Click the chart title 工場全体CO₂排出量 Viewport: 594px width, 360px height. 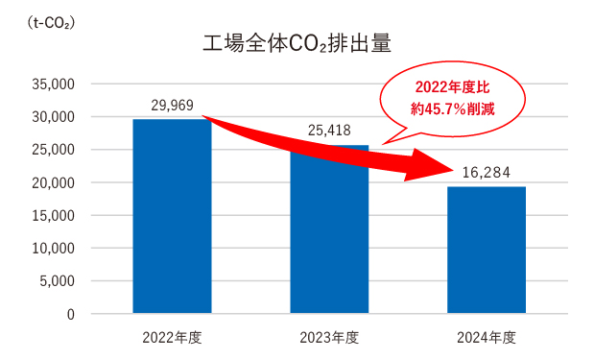[297, 43]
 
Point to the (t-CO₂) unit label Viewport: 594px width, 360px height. [51, 23]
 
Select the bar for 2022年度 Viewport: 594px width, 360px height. [172, 216]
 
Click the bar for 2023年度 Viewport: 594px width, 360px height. [329, 229]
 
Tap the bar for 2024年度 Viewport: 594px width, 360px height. [487, 251]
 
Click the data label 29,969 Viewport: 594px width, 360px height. [172, 106]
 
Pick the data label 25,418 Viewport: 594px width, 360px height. [329, 131]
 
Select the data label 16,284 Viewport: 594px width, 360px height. [486, 173]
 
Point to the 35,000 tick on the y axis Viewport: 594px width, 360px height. [53, 84]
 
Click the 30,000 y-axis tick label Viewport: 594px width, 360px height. [53, 117]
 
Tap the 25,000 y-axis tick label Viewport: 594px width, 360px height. [53, 150]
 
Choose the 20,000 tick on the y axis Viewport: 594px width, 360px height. [53, 182]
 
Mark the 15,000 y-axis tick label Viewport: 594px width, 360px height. [53, 216]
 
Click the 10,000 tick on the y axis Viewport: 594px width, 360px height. [53, 249]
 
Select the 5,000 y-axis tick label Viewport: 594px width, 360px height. [58, 281]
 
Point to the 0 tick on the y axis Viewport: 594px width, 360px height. [71, 314]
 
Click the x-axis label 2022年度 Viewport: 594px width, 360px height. [172, 337]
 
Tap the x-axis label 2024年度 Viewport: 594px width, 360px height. [487, 337]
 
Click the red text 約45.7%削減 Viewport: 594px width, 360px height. [453, 109]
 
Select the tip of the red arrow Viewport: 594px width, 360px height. [454, 170]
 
